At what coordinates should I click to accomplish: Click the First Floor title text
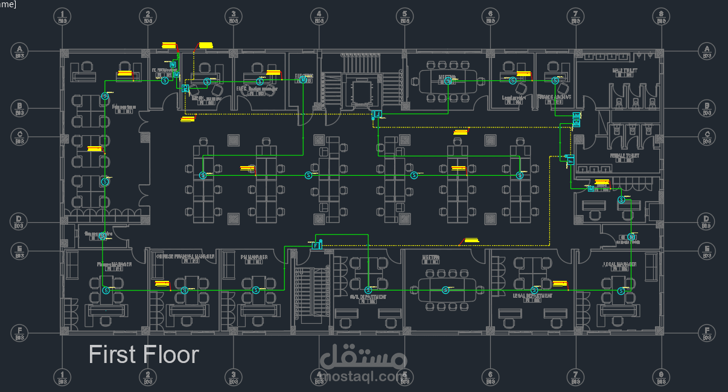tap(144, 355)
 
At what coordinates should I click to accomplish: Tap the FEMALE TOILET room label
tap(625, 155)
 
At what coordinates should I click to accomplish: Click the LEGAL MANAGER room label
tap(619, 264)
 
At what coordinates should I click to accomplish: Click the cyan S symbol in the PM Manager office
tap(255, 291)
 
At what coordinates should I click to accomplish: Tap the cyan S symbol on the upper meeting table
tap(448, 81)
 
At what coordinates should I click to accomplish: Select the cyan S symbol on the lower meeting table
tap(445, 291)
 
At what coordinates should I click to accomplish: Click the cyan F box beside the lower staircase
tap(315, 246)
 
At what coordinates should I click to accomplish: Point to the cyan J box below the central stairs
tap(378, 114)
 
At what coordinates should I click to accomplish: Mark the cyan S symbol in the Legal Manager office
tap(621, 291)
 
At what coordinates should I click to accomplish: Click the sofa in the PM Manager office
tap(229, 264)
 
